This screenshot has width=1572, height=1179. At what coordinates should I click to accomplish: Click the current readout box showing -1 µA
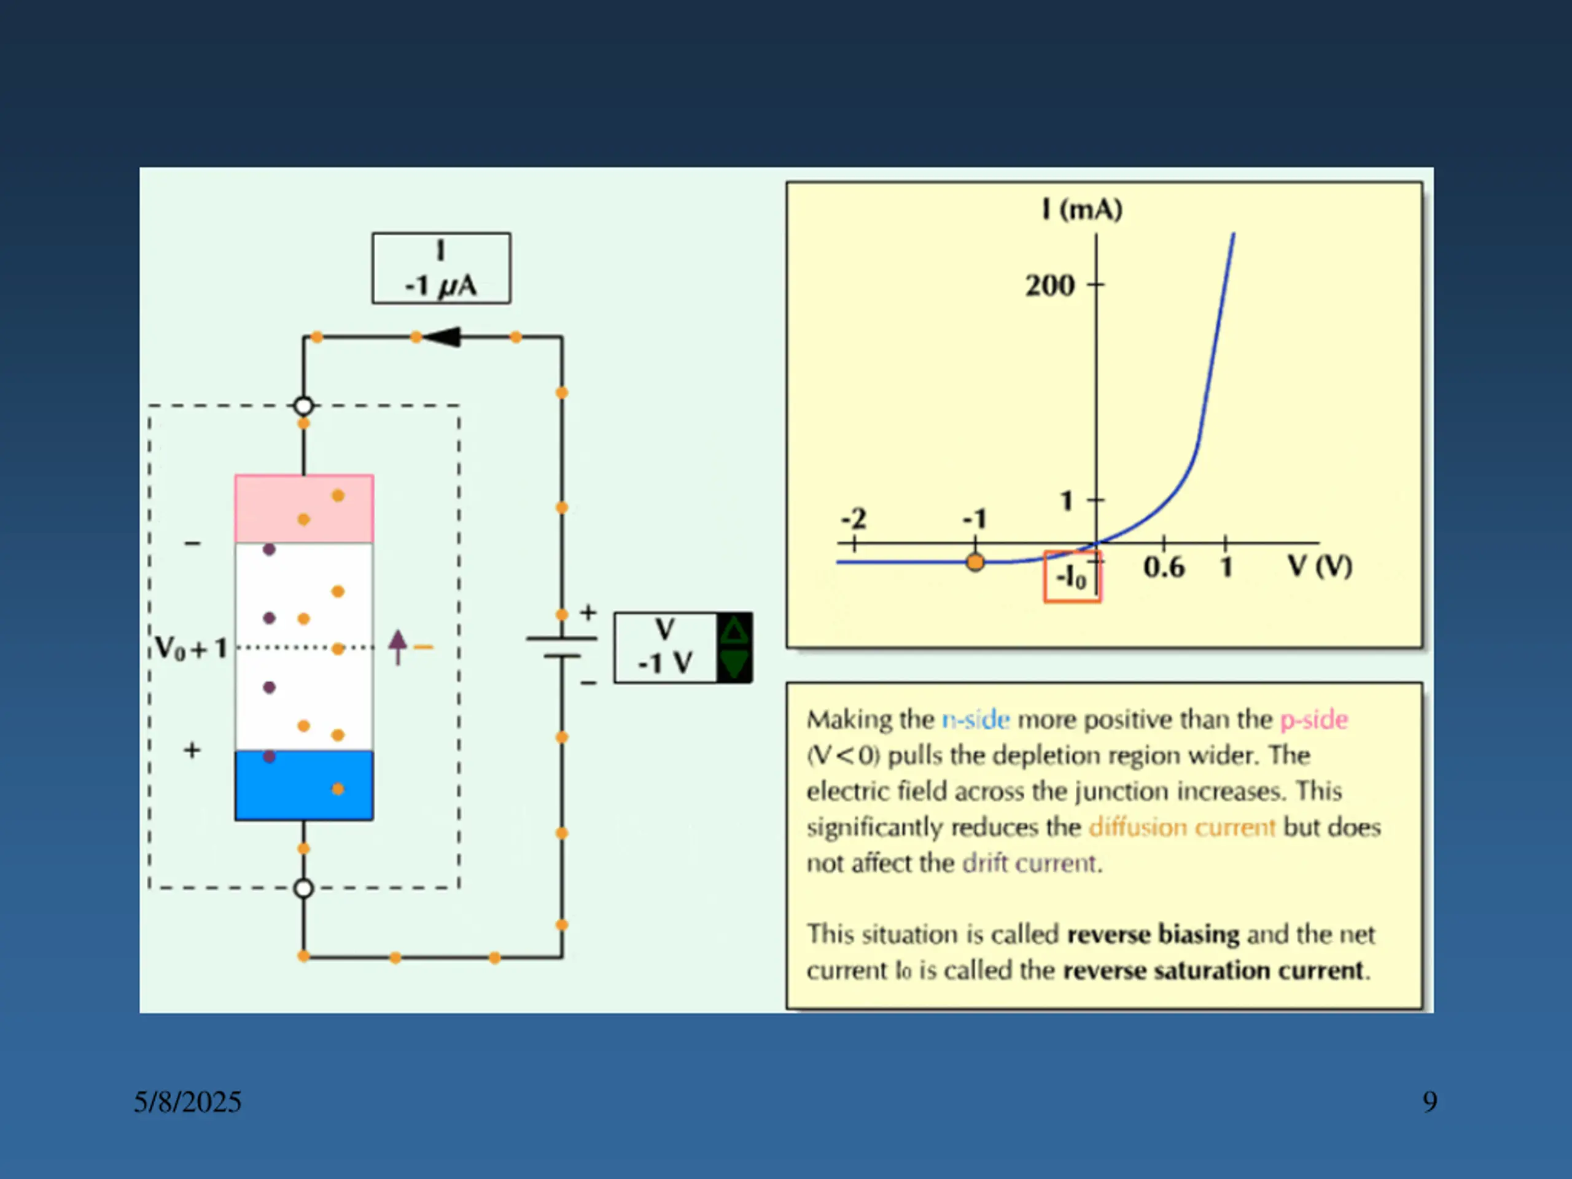[x=441, y=268]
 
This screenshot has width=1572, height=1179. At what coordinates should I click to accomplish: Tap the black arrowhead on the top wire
[x=443, y=337]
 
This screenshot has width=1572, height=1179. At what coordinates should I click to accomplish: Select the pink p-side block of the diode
[x=304, y=508]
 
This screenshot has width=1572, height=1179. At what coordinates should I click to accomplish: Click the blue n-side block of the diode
[x=304, y=785]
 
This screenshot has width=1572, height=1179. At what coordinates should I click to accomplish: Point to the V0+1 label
[x=190, y=648]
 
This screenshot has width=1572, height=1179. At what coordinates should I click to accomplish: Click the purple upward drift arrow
[x=398, y=647]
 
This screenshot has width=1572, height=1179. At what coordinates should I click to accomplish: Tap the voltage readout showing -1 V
[x=664, y=647]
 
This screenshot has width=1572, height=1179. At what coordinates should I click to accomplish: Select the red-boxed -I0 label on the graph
[x=1072, y=577]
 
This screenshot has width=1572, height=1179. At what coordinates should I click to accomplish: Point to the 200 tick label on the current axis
[x=1049, y=286]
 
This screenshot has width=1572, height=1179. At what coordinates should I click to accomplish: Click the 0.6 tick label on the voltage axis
[x=1164, y=567]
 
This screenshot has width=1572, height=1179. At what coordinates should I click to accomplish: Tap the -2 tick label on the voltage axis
[x=854, y=519]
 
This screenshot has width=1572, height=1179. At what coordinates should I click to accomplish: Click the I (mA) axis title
[x=1081, y=209]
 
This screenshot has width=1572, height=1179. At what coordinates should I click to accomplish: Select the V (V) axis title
[x=1320, y=566]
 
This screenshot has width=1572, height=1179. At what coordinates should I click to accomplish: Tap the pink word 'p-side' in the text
[x=1313, y=719]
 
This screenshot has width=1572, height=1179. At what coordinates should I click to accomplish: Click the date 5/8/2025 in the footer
[x=188, y=1102]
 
